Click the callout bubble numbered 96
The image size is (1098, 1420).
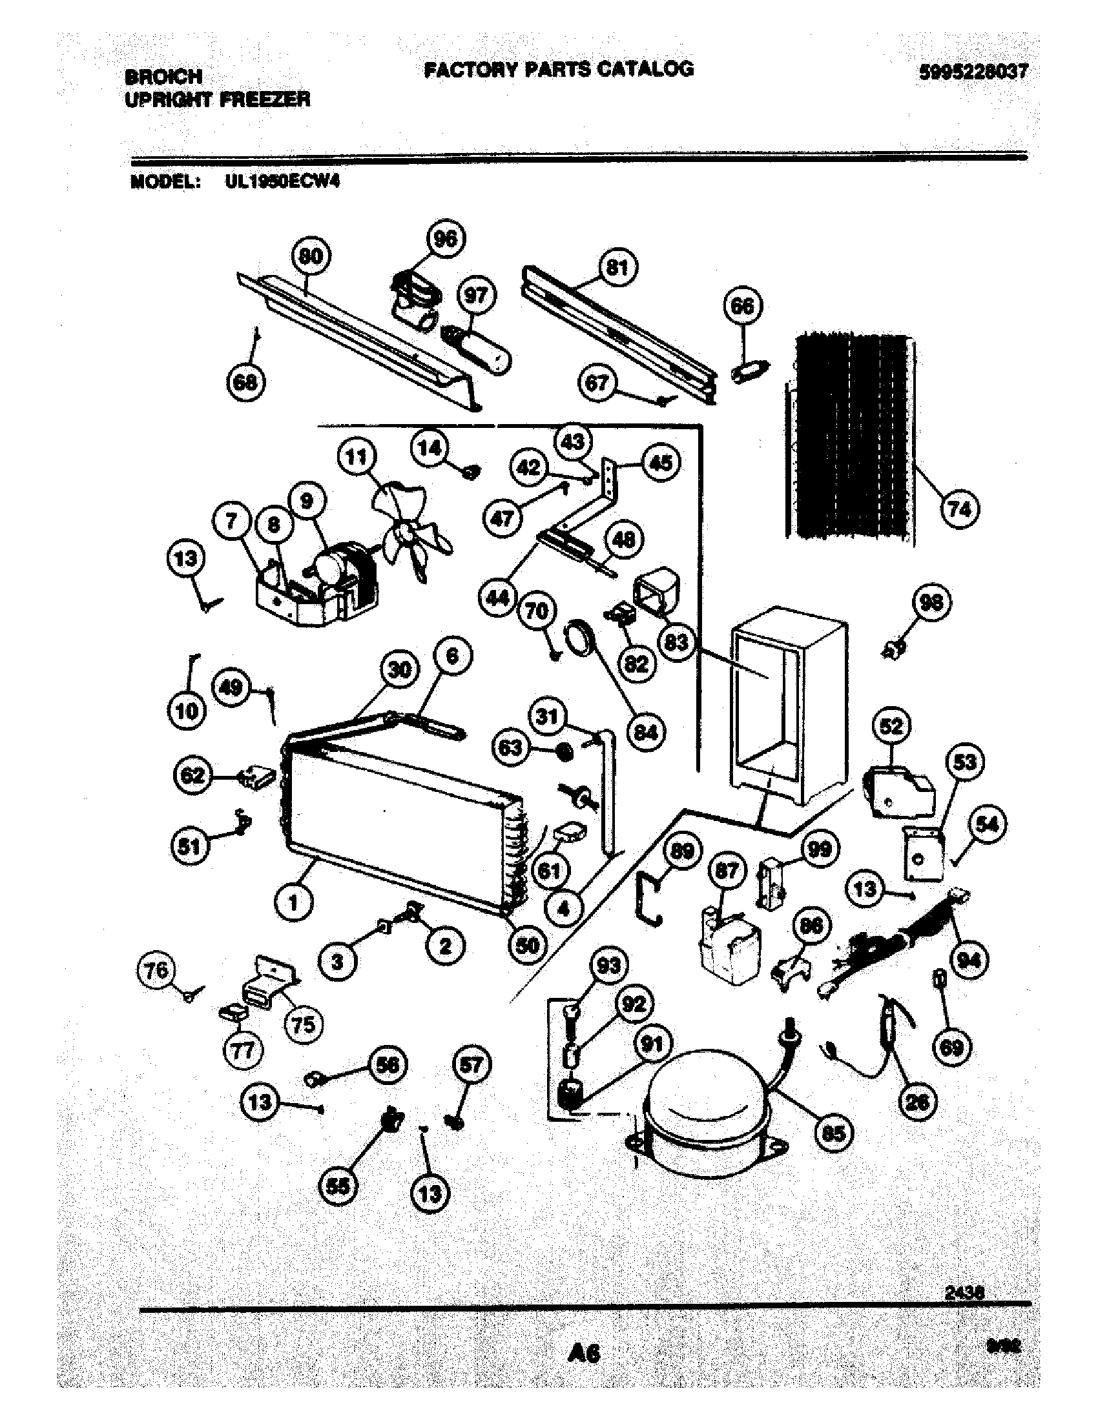[445, 240]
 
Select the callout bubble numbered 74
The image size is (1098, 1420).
[959, 509]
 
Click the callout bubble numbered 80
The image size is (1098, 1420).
[310, 257]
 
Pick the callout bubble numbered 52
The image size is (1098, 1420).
[891, 726]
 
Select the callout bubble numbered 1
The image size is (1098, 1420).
[293, 903]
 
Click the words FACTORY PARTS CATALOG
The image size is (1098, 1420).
[558, 69]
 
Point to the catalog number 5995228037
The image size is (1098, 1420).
[973, 72]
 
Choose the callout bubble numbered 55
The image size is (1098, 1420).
[339, 1205]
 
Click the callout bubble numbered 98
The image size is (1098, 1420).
[929, 603]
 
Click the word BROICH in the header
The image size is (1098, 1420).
[163, 77]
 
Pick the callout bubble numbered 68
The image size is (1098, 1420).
[245, 383]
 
